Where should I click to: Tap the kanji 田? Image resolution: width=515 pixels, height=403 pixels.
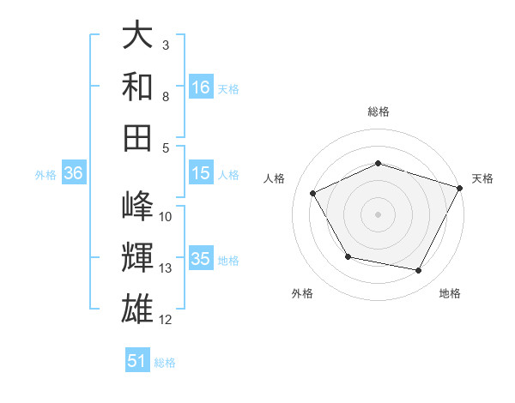point(137,137)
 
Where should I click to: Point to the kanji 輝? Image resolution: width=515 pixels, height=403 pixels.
point(137,256)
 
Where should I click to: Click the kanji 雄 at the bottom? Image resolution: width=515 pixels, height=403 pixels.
point(137,307)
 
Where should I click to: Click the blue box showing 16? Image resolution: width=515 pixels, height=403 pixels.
point(201,87)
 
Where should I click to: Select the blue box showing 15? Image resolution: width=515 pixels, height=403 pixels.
point(201,174)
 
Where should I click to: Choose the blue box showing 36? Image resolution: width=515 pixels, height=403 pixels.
point(73,173)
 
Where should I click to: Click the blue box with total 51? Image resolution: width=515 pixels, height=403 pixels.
point(137,361)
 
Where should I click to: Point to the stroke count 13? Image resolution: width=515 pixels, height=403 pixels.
point(166,268)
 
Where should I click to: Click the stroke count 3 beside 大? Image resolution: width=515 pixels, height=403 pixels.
point(165,45)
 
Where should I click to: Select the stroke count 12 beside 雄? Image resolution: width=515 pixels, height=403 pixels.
point(166,320)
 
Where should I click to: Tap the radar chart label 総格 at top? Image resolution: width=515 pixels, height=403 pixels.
point(378,111)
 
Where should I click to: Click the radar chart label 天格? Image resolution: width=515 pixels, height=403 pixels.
point(482,178)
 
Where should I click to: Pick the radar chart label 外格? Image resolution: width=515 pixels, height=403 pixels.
point(301,293)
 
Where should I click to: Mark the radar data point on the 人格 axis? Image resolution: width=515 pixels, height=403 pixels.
point(313,194)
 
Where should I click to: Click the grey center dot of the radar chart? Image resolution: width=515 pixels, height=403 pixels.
point(378,214)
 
